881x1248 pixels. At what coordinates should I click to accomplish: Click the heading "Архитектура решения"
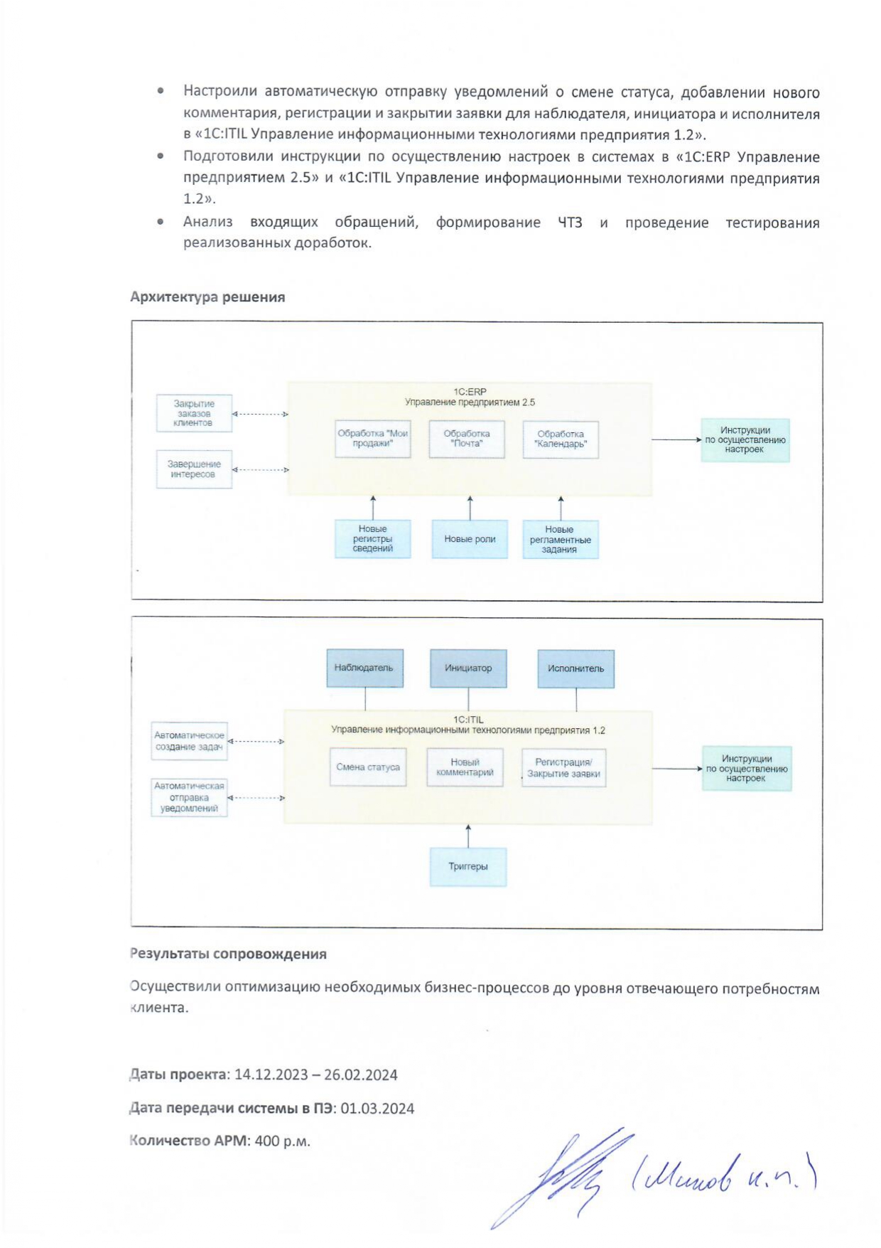tap(207, 297)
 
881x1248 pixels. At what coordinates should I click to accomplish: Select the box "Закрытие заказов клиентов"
tap(194, 413)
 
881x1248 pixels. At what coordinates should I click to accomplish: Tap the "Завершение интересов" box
tap(194, 469)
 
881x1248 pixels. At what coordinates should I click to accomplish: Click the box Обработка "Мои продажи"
tap(373, 439)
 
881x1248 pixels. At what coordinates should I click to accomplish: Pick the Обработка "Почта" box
tap(467, 439)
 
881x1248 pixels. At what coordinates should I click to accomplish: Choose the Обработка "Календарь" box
tap(561, 439)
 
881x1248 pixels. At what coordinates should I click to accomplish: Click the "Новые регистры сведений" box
tap(373, 539)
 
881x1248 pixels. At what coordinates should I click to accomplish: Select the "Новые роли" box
tap(470, 539)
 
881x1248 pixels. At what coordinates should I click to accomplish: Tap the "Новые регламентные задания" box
tap(561, 540)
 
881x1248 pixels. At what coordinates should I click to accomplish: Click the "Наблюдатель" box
tap(364, 668)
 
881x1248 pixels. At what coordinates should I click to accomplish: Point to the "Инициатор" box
tap(468, 668)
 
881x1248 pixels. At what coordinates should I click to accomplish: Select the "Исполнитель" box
tap(575, 668)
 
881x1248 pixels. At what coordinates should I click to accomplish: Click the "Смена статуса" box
tap(368, 767)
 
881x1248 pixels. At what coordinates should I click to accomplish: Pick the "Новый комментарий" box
tap(465, 767)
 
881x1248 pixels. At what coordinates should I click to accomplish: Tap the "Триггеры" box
tap(468, 867)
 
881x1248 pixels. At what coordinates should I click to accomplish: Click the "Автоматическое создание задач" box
tap(189, 741)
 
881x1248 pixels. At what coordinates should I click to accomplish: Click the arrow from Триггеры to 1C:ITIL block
tap(468, 836)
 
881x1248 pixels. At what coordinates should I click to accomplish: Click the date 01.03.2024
tap(377, 1109)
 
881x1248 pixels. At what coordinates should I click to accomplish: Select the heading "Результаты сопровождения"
tap(228, 954)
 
